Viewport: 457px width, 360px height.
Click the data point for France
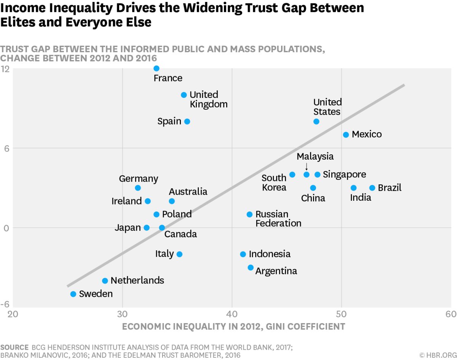tap(156, 69)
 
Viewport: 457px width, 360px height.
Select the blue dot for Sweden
tap(73, 294)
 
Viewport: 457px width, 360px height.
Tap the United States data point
tap(316, 122)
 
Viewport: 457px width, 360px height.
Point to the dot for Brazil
tap(372, 188)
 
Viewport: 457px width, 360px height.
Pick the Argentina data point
tap(251, 267)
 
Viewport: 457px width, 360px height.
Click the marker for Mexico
tap(346, 134)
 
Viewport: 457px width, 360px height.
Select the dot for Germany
tap(138, 188)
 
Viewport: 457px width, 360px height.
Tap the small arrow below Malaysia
tap(307, 166)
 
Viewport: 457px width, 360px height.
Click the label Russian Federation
tap(278, 219)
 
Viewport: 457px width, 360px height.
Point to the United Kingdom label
tap(208, 99)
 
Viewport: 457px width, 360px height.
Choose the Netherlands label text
tap(137, 281)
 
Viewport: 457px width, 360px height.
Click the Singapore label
tap(344, 174)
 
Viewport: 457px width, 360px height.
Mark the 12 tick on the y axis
tap(5, 69)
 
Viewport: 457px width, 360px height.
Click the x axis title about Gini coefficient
tap(233, 326)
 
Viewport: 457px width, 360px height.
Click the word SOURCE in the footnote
tap(14, 347)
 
